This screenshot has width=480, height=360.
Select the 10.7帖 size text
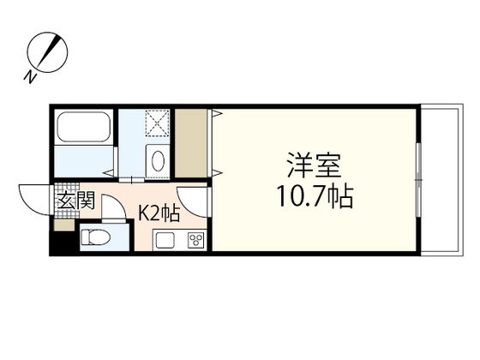(x=315, y=197)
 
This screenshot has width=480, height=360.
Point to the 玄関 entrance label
(x=75, y=203)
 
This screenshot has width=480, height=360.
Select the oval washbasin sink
(x=159, y=160)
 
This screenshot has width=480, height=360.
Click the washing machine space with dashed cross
(x=159, y=124)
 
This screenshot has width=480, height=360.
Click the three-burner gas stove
(x=195, y=239)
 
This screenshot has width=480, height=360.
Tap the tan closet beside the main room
(x=190, y=142)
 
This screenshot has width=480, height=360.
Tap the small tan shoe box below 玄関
(x=64, y=225)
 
